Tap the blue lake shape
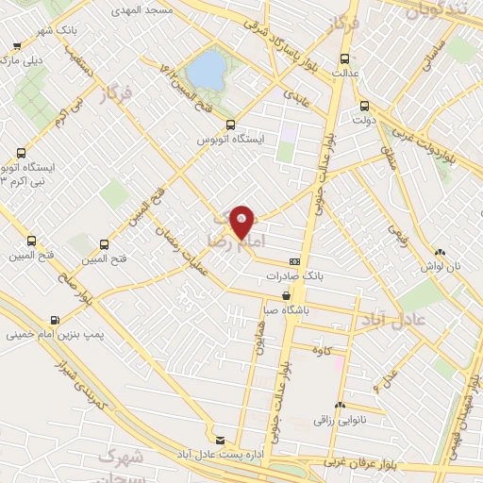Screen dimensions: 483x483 coord(206,69)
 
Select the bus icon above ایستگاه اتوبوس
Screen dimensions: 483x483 coord(230,125)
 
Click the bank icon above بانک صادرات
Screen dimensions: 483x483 coord(295,261)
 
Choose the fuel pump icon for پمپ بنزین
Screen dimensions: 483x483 coord(56,318)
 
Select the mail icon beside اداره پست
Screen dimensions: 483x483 coord(221,439)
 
